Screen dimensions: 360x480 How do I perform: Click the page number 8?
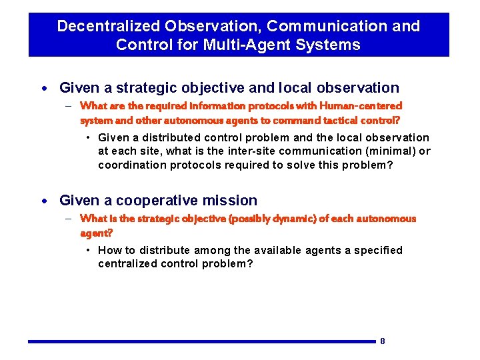pos(383,341)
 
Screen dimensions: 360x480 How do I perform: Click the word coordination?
pos(129,165)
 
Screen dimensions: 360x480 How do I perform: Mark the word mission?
pos(233,201)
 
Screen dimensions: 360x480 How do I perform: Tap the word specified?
pos(378,250)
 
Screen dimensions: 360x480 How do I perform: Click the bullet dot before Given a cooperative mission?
pos(44,201)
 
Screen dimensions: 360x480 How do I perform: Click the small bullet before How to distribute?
pos(88,250)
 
